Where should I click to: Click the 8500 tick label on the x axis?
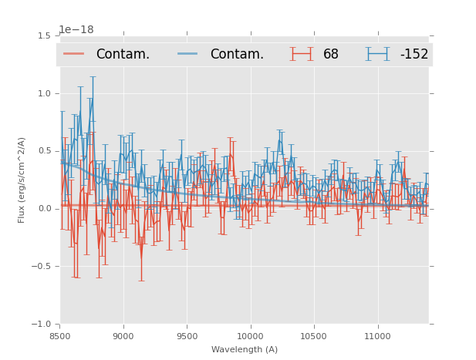(60, 336)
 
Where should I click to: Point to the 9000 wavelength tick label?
(123, 336)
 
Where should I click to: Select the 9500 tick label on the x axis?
(187, 336)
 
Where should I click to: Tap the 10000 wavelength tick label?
(251, 336)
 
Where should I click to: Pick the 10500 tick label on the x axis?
(314, 336)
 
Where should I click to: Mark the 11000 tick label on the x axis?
(377, 336)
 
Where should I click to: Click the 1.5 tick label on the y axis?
(44, 35)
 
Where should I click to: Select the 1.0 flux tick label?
(44, 93)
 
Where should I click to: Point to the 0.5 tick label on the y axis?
(44, 151)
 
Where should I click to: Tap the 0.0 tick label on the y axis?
(44, 209)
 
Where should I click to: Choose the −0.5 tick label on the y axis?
(42, 267)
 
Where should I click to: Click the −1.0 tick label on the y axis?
(42, 325)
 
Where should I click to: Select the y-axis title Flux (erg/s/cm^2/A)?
(22, 180)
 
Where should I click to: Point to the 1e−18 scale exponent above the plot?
(76, 29)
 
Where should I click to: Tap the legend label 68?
(331, 55)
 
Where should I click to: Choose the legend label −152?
(414, 55)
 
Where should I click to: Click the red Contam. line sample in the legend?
(75, 54)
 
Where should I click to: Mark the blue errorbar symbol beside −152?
(378, 54)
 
